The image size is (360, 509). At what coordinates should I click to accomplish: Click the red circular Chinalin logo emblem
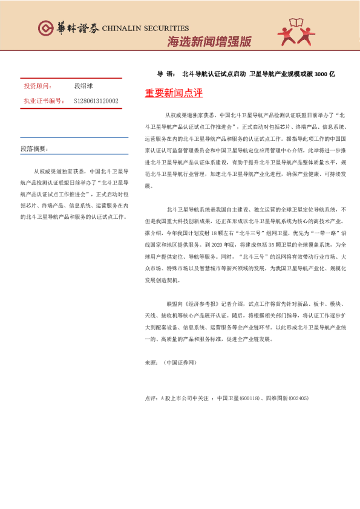46,28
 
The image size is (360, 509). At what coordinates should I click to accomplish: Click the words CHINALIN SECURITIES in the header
145,28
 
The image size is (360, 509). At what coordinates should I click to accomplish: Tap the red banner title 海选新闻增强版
209,42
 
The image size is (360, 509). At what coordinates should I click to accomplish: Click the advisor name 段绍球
84,86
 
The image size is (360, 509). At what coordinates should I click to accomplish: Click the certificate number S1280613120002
96,101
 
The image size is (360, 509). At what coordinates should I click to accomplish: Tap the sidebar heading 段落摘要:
34,148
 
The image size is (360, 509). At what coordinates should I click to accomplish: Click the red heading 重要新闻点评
174,94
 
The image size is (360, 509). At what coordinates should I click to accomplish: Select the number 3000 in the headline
321,74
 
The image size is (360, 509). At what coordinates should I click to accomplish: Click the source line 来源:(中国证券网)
171,363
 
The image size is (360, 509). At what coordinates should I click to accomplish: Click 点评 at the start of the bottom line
151,398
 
